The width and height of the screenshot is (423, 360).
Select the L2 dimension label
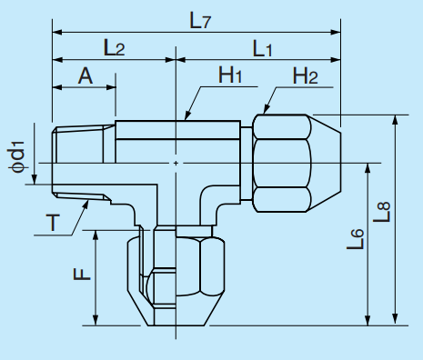tap(115, 49)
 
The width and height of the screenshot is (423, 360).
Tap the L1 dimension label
tap(262, 49)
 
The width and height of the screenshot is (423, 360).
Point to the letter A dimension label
tap(85, 76)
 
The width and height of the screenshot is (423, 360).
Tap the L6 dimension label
tap(357, 240)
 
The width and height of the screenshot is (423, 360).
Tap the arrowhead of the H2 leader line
tap(258, 112)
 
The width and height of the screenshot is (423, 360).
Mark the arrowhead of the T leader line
tap(90, 203)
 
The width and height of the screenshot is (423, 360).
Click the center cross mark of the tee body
tap(175, 163)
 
